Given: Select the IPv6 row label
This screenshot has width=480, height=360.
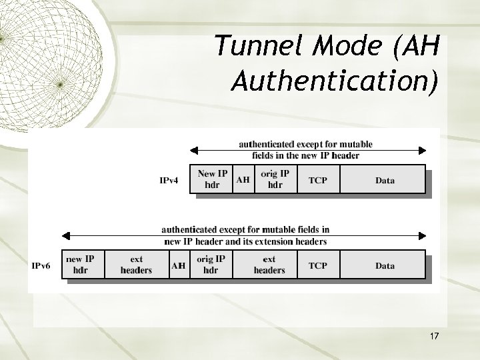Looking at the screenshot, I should pos(41,265).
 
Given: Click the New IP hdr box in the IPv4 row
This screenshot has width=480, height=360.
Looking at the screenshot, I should pos(212,179).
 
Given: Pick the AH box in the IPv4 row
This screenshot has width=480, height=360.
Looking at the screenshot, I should pos(243,179).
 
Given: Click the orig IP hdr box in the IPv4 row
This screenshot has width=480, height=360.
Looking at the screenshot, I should pos(275,179).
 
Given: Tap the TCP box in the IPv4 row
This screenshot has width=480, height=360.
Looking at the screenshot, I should pos(318,180).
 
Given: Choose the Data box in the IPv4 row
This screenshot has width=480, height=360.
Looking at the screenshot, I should pos(384,180).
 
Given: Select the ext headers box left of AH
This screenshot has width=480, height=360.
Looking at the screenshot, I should pos(136,265).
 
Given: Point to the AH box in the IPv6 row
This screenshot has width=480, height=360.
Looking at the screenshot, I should pos(178,265).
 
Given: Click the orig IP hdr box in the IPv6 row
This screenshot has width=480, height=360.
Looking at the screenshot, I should pos(211,265).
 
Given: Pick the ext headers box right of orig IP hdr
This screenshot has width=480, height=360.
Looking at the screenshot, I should pos(269,265).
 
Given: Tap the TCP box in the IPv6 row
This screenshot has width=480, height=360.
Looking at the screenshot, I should pos(318,265).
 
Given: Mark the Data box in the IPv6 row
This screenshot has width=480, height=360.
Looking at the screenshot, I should pos(384,265).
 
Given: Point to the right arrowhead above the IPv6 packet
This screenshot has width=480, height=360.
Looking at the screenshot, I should pos(422,235).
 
